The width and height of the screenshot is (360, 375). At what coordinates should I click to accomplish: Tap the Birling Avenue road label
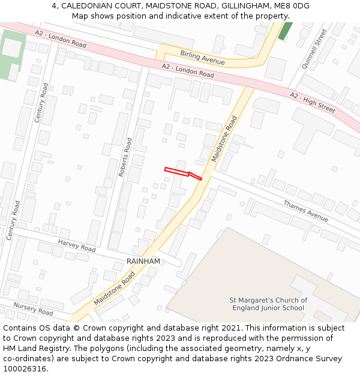click(x=202, y=58)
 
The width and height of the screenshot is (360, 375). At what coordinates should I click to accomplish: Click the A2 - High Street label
click(x=312, y=103)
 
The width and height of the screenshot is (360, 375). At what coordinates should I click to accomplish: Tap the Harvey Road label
click(x=76, y=245)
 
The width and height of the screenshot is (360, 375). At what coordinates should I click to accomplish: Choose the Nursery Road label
click(x=33, y=308)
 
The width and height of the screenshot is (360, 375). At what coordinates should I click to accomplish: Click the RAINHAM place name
click(x=143, y=262)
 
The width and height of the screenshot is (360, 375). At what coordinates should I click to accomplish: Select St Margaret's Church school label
click(x=268, y=304)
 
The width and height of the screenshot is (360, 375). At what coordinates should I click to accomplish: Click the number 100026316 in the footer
click(x=25, y=369)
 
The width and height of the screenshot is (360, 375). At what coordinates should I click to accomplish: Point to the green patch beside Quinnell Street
click(x=286, y=31)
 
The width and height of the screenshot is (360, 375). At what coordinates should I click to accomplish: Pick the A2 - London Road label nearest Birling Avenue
click(x=188, y=70)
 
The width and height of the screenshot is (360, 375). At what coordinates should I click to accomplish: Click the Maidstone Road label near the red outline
click(x=224, y=139)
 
